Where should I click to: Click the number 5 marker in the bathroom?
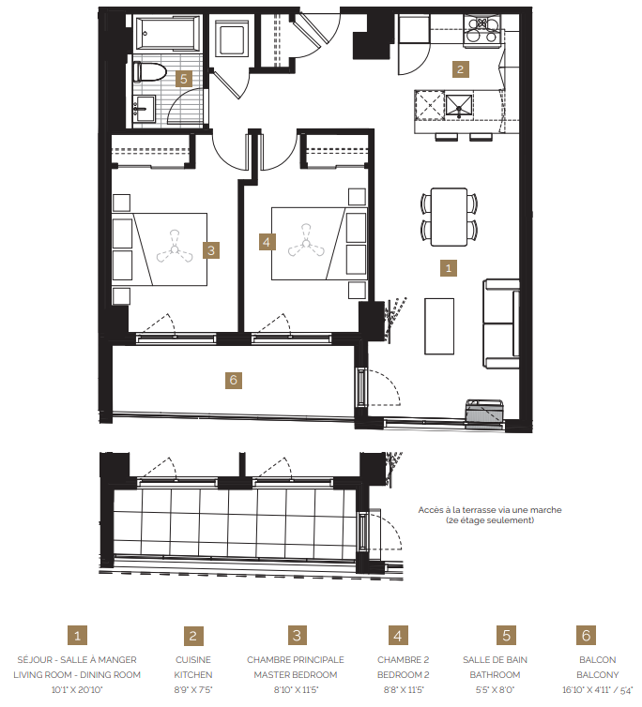click(x=185, y=79)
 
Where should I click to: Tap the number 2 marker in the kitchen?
click(x=459, y=68)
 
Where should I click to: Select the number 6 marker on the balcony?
click(x=234, y=380)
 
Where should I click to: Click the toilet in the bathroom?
click(x=149, y=71)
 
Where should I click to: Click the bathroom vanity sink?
click(x=144, y=107)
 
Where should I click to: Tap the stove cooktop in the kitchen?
click(x=482, y=25)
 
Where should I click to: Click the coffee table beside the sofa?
click(x=439, y=325)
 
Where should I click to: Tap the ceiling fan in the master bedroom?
click(x=173, y=249)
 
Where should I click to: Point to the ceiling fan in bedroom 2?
click(x=306, y=242)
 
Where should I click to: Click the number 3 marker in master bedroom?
click(x=212, y=250)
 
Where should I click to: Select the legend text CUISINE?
click(x=193, y=659)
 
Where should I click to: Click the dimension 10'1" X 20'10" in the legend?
click(x=77, y=689)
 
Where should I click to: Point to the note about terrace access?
click(x=490, y=515)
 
